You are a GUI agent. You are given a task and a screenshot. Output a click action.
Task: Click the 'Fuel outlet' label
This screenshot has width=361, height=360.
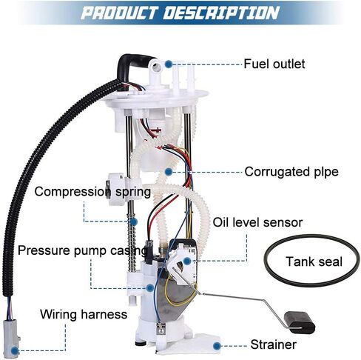click(x=274, y=64)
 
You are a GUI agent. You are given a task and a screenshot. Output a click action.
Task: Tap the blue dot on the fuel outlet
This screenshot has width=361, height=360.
click(x=169, y=64)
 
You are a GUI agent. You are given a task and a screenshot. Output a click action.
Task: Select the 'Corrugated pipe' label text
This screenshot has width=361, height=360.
click(x=291, y=172)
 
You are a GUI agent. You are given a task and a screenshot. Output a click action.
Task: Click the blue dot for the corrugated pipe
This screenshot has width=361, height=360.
click(x=169, y=172)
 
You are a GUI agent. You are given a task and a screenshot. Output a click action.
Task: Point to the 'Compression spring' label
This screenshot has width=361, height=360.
click(x=92, y=192)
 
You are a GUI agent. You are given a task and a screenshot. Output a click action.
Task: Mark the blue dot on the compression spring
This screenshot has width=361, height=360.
click(x=133, y=221)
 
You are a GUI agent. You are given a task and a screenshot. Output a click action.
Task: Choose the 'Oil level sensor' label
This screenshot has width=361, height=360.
click(x=257, y=222)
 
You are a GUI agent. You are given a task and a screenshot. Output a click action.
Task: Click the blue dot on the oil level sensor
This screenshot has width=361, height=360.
click(x=187, y=261)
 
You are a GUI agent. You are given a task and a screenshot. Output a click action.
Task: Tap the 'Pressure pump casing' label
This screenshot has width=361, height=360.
click(x=83, y=251)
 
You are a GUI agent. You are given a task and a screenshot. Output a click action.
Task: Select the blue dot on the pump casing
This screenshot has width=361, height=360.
click(x=149, y=287)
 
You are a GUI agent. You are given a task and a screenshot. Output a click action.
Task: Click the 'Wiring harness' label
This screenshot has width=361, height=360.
click(x=84, y=315)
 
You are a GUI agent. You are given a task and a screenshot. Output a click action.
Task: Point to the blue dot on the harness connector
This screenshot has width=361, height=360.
click(x=16, y=350)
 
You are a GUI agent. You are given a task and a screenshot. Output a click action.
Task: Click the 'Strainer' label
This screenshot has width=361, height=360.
click(x=274, y=344)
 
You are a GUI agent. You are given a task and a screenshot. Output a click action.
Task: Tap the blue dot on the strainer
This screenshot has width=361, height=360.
click(x=217, y=346)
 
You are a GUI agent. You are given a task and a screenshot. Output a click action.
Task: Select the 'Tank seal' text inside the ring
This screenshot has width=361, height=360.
click(x=314, y=261)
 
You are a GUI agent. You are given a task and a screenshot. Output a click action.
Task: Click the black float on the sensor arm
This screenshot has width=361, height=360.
click(x=300, y=322)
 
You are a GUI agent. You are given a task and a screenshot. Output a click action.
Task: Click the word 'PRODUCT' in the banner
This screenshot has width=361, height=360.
click(x=120, y=13)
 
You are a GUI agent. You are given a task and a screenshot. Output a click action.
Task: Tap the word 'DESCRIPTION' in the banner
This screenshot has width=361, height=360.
click(x=221, y=13)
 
